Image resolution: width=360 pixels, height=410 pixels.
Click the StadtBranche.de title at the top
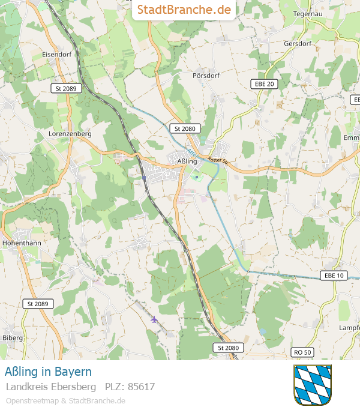pos(184,10)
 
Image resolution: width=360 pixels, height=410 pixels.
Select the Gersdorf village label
pos(298,44)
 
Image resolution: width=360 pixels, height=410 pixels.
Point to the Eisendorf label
pos(56,54)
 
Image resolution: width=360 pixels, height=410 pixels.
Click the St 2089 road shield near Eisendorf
pos(65,88)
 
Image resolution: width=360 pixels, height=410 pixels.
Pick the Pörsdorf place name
pos(206,76)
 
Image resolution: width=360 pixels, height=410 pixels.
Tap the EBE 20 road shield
pos(264,84)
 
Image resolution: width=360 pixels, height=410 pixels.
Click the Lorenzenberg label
pos(70,134)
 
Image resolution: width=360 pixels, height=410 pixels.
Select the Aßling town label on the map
pos(187,161)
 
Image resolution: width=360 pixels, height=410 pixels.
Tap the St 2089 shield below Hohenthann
pos(38,304)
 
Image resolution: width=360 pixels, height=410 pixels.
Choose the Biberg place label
pos(13,338)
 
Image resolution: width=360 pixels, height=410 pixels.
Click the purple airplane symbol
pos(154,319)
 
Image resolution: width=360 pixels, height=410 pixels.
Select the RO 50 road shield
pos(304,352)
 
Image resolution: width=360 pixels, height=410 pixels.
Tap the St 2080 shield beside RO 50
pos(228,348)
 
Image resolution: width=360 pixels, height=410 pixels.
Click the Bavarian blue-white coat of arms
pos(312,384)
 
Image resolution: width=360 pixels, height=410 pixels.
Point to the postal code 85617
pos(130,387)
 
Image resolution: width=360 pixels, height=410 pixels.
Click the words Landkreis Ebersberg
pos(51,387)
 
